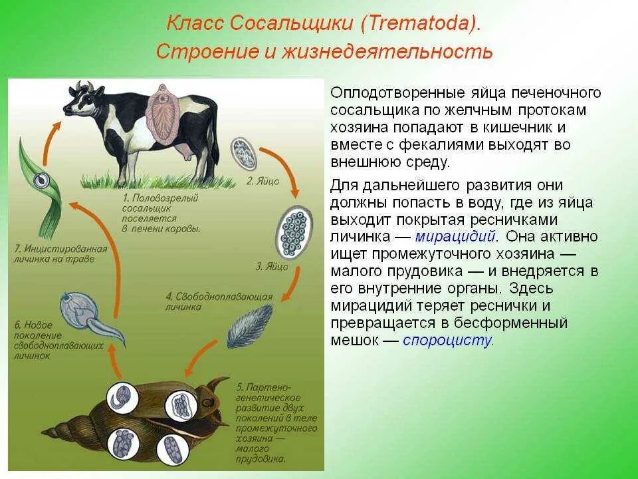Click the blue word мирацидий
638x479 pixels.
[455, 236]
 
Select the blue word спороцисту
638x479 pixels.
[447, 340]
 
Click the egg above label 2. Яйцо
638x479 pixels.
[244, 154]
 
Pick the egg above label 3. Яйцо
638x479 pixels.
[294, 232]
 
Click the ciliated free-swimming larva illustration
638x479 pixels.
[249, 326]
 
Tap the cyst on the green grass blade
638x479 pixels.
[41, 179]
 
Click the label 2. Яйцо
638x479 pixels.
[263, 181]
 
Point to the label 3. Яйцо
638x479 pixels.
[272, 267]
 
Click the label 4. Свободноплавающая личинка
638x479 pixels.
[219, 301]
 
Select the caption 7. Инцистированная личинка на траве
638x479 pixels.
[60, 253]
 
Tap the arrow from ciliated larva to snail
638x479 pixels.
[199, 358]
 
